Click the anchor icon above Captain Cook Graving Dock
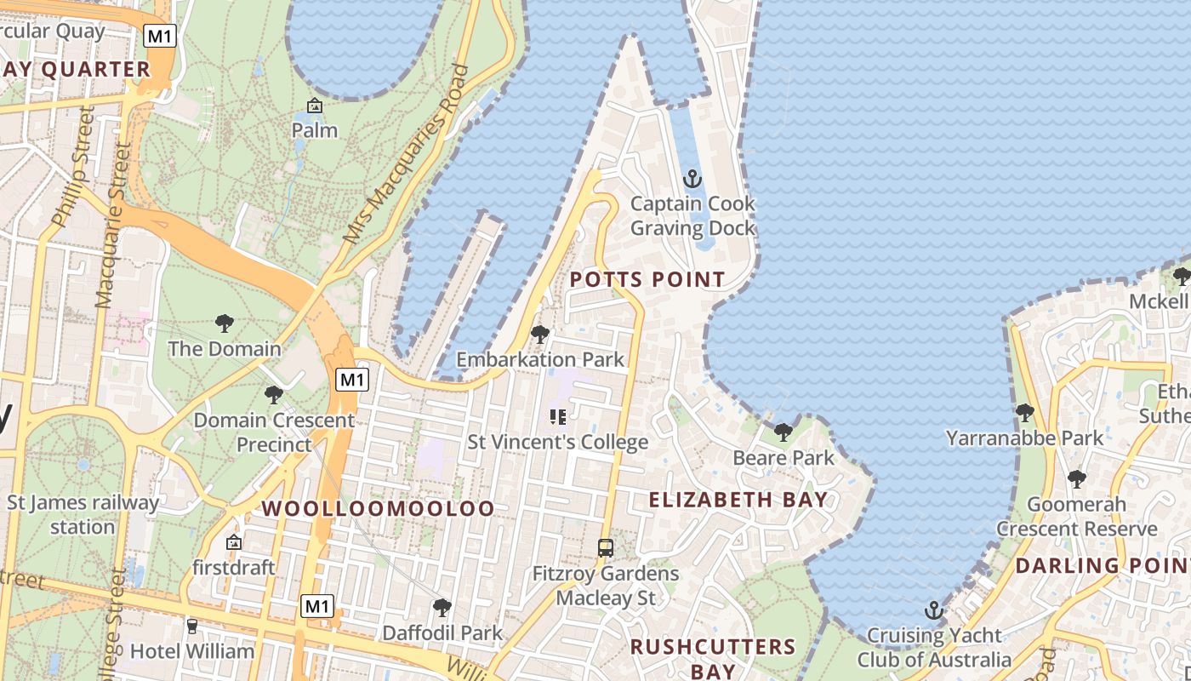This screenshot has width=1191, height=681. tap(692, 179)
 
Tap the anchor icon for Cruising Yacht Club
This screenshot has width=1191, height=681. tap(934, 610)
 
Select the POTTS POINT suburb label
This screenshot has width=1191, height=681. tap(647, 279)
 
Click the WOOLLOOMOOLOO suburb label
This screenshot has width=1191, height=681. tap(378, 508)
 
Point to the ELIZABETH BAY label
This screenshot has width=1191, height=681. tap(738, 500)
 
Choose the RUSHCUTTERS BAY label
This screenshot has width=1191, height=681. tap(713, 658)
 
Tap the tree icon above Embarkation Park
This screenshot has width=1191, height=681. tap(539, 335)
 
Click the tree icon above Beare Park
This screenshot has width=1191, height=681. tap(783, 432)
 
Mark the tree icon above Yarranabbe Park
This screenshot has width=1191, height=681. tap(1024, 413)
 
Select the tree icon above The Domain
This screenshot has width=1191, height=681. tap(225, 323)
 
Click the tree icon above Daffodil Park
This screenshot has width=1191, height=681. tap(442, 608)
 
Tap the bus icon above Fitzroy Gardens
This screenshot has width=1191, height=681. tap(606, 548)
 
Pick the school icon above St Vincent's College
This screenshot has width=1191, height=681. tap(558, 417)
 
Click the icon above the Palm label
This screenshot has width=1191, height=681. tap(315, 106)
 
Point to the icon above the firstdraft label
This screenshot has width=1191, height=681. tap(233, 542)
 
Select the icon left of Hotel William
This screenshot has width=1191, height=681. tap(191, 627)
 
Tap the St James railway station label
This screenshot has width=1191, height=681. tap(83, 514)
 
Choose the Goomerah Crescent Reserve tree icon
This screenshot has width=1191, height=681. tap(1076, 479)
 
